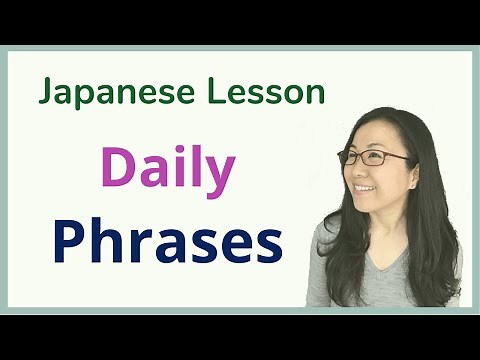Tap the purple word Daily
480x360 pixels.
tap(167, 169)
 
